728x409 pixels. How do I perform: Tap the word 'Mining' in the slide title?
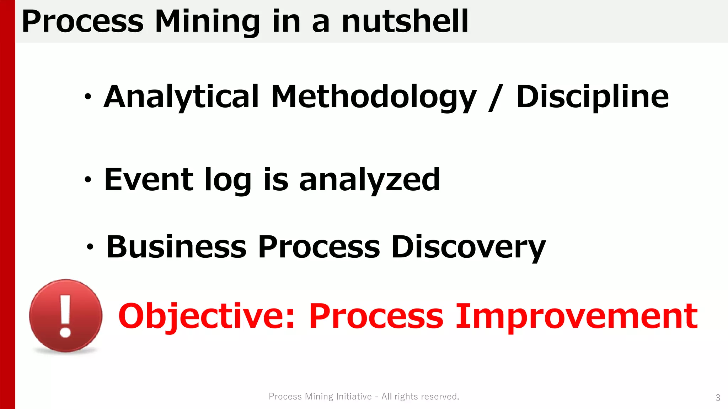(207, 22)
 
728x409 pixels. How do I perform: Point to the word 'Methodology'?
(373, 98)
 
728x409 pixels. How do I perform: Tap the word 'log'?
(228, 180)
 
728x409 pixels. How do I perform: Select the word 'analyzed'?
(370, 180)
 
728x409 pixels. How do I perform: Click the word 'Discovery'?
(468, 247)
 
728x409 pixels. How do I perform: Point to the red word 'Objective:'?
(207, 316)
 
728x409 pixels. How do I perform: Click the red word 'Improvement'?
(577, 316)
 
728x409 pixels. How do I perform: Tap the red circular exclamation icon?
(66, 316)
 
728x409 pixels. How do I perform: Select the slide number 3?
(718, 398)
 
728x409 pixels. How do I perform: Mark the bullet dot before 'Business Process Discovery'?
(90, 247)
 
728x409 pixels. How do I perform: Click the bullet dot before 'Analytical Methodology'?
(88, 97)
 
